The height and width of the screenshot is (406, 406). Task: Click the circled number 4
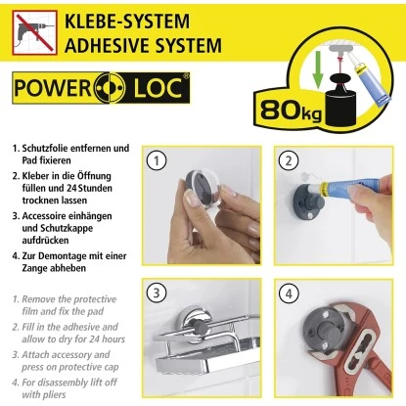pyautogui.click(x=287, y=291)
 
